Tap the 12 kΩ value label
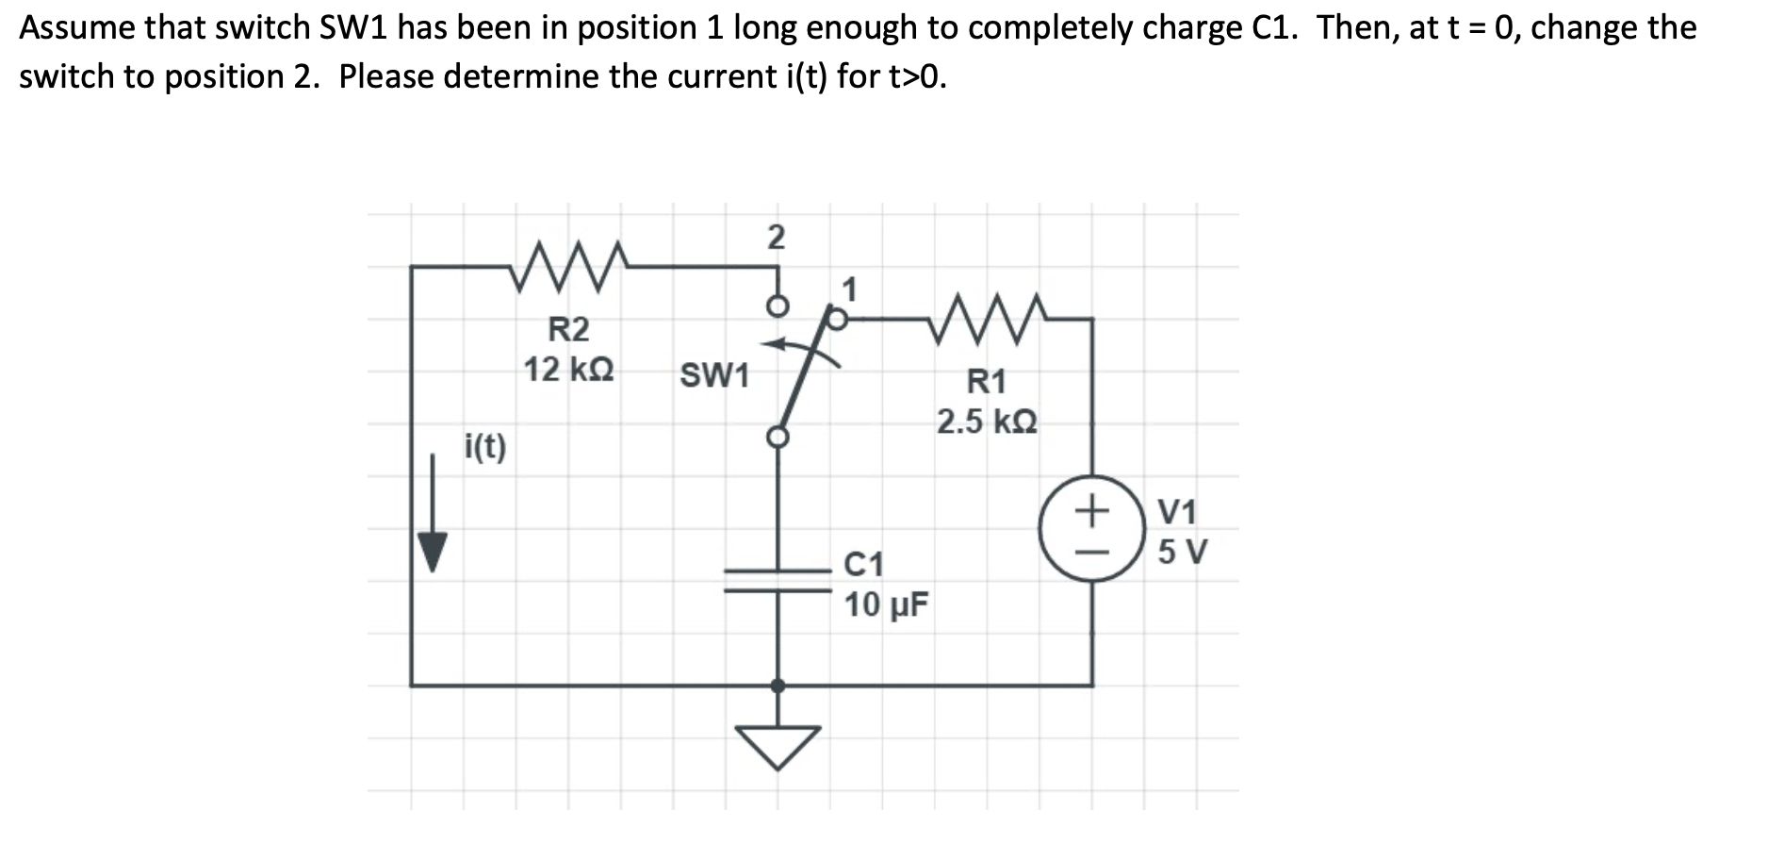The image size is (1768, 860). pyautogui.click(x=568, y=370)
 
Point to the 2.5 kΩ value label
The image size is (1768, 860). pyautogui.click(x=987, y=422)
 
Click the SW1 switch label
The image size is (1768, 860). pyautogui.click(x=714, y=375)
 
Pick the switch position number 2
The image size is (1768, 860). pyautogui.click(x=775, y=238)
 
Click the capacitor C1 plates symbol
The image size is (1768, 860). pyautogui.click(x=778, y=580)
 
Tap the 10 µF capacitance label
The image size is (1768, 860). pyautogui.click(x=885, y=604)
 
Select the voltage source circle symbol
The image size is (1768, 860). pyautogui.click(x=1092, y=528)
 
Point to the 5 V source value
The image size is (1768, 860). pyautogui.click(x=1182, y=551)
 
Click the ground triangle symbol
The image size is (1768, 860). pyautogui.click(x=778, y=745)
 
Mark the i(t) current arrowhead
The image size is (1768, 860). pyautogui.click(x=433, y=552)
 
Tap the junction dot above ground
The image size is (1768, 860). pyautogui.click(x=778, y=686)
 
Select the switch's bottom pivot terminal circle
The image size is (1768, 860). pyautogui.click(x=778, y=437)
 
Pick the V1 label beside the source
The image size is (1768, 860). pyautogui.click(x=1177, y=512)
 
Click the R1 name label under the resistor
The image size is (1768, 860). pyautogui.click(x=987, y=382)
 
